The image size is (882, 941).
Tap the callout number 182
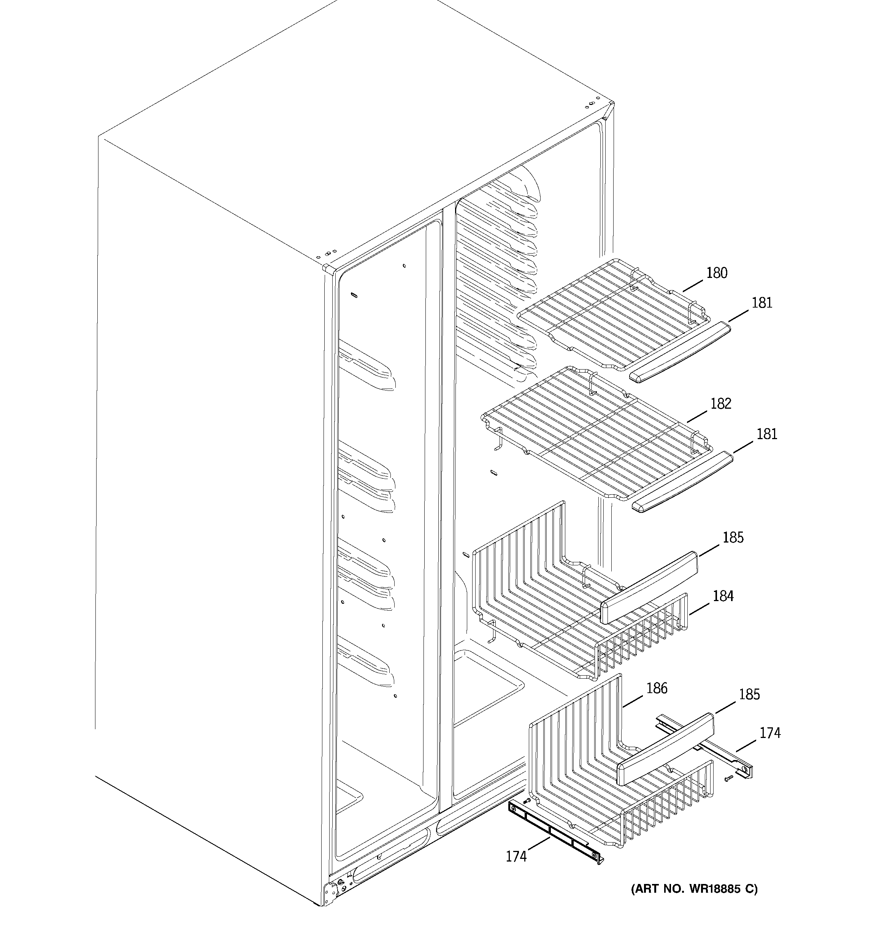click(x=720, y=403)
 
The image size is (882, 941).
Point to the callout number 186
click(x=657, y=688)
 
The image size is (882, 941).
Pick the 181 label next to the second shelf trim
click(x=766, y=434)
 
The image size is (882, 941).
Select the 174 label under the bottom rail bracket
click(x=516, y=856)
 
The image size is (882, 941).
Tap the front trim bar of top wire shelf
click(x=679, y=351)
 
